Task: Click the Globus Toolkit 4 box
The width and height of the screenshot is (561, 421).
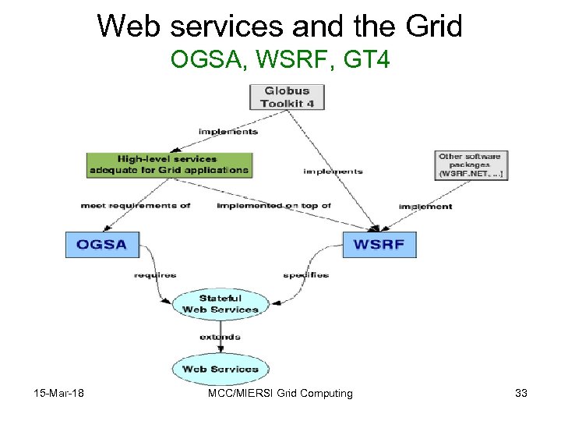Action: click(286, 97)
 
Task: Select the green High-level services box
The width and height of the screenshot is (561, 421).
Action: click(169, 164)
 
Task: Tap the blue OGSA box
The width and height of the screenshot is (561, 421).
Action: click(101, 244)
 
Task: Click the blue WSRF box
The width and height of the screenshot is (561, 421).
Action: click(379, 244)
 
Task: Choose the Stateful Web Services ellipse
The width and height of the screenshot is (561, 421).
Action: click(220, 304)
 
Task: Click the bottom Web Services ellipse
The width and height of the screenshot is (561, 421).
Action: click(220, 369)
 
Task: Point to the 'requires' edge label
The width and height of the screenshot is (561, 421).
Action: click(154, 275)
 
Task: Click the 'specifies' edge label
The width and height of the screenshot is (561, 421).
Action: click(305, 275)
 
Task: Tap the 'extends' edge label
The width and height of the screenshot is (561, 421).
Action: click(220, 338)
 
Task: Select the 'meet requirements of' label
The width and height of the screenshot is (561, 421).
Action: click(135, 206)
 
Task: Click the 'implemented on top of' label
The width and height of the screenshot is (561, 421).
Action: click(273, 206)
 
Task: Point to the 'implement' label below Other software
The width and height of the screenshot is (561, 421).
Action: click(425, 207)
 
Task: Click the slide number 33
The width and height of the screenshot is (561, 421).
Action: click(521, 394)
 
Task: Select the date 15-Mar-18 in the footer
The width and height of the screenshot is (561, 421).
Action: click(59, 394)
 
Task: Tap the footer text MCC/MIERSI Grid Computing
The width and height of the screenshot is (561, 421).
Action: click(280, 394)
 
